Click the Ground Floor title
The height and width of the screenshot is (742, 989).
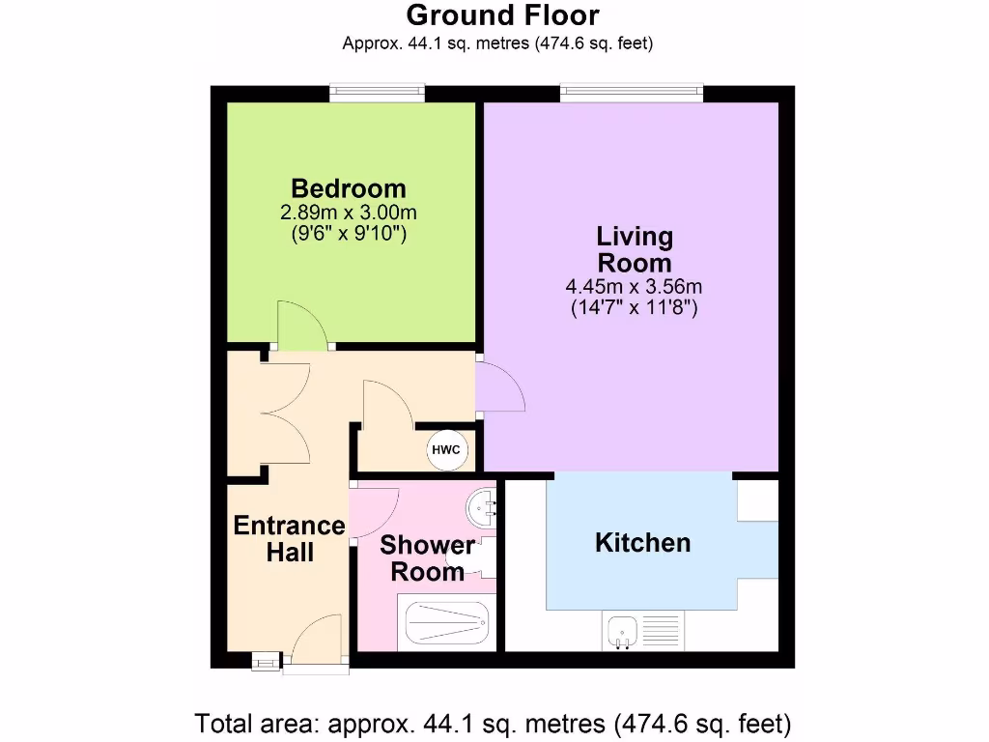[x=502, y=15]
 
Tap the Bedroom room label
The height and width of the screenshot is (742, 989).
[x=349, y=187]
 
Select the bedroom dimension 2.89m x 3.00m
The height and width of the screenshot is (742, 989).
[x=349, y=212]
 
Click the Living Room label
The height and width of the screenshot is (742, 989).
[x=635, y=249]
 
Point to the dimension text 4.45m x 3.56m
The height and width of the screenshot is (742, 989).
[x=635, y=287]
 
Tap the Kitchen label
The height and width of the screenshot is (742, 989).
[x=642, y=542]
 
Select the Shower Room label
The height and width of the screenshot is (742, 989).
[x=426, y=557]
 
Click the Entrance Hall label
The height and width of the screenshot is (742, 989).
[x=289, y=539]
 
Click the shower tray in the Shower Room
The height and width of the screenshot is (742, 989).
[x=446, y=623]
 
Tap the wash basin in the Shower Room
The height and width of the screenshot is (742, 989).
[x=482, y=505]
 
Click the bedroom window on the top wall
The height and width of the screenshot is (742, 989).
[x=377, y=94]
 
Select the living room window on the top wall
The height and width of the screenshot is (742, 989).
[x=631, y=94]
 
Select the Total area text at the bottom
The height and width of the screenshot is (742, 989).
[x=494, y=722]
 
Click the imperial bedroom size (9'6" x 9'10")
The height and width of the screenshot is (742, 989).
[x=349, y=232]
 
